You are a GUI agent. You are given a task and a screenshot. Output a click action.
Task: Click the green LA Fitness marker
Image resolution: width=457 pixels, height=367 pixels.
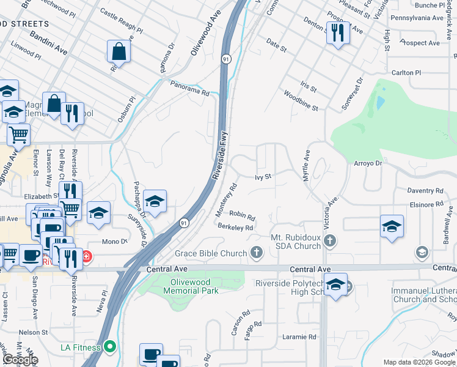pyautogui.click(x=110, y=347)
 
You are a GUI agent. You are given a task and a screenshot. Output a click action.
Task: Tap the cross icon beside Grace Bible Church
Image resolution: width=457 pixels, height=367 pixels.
pyautogui.click(x=257, y=253)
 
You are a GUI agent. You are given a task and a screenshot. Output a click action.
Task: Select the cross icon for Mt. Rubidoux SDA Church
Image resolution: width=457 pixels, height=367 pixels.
pyautogui.click(x=331, y=240)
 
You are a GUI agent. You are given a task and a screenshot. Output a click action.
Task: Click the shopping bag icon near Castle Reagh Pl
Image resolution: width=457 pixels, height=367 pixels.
pyautogui.click(x=119, y=51)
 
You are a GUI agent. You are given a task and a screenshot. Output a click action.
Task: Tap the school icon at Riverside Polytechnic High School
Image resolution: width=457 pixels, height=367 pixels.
pyautogui.click(x=335, y=285)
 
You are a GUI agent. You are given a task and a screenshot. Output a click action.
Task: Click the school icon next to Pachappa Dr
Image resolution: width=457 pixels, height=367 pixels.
pyautogui.click(x=155, y=202)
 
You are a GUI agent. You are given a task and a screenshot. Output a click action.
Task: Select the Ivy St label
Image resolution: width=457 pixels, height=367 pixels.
pyautogui.click(x=263, y=177)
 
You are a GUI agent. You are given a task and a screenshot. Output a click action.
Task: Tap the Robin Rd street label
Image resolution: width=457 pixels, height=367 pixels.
pyautogui.click(x=242, y=215)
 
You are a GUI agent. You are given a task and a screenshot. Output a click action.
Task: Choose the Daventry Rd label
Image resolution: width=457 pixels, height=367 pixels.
pyautogui.click(x=425, y=191)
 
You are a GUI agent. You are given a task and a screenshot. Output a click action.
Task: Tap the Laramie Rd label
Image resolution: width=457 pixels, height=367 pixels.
pyautogui.click(x=299, y=337)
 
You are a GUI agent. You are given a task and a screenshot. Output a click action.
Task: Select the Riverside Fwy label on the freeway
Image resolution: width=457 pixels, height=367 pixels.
pyautogui.click(x=219, y=157)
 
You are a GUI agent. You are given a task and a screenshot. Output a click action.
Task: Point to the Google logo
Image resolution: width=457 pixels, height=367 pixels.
pyautogui.click(x=20, y=360)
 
